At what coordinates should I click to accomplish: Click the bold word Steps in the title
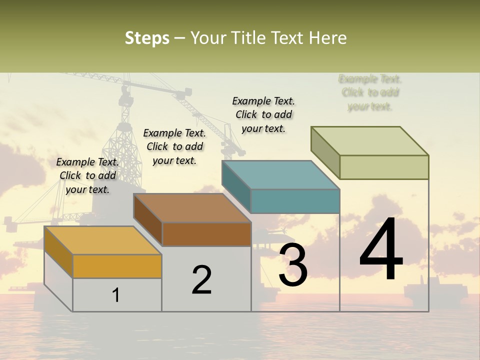(147, 38)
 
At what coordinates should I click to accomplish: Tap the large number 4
(381, 250)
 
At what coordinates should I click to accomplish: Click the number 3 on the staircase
(292, 265)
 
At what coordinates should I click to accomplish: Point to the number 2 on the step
(201, 279)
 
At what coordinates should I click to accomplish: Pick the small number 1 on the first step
(116, 295)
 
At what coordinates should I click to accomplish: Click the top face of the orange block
(102, 240)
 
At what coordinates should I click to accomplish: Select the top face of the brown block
(192, 208)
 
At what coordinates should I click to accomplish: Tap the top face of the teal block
(280, 175)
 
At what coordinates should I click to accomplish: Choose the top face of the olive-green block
(370, 141)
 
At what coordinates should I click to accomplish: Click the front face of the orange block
(117, 266)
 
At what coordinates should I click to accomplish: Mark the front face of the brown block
(206, 234)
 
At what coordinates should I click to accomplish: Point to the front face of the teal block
(295, 201)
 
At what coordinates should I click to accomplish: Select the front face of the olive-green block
(384, 167)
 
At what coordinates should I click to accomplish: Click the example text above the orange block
(87, 175)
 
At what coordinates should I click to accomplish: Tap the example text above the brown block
(174, 146)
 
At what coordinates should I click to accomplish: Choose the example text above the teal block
(263, 114)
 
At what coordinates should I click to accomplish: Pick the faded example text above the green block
(370, 92)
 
